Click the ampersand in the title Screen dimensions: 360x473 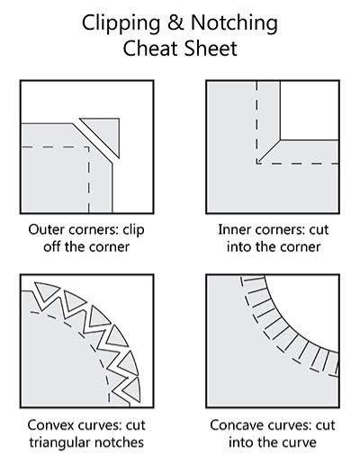tap(175, 22)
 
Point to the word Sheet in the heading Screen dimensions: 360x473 tap(211, 49)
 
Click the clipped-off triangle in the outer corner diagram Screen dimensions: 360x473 tap(105, 131)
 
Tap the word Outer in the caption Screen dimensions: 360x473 tap(47, 229)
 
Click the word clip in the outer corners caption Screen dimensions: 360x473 tap(134, 231)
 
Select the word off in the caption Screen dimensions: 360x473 tap(51, 246)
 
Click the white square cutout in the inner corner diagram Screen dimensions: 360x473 tap(309, 110)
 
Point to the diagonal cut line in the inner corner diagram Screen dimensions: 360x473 tap(268, 151)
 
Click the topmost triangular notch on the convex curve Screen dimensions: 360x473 tap(44, 290)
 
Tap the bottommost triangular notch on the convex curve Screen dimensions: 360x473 tap(132, 389)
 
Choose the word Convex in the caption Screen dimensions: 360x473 tap(50, 425)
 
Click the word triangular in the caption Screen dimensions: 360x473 tap(59, 443)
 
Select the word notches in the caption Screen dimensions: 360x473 tap(120, 442)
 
